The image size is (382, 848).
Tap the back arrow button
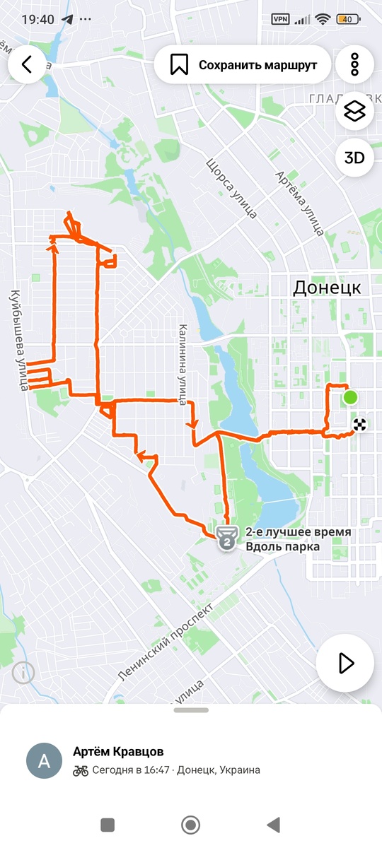pyautogui.click(x=27, y=65)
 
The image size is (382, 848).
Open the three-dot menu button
pyautogui.click(x=354, y=65)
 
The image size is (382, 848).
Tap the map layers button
pyautogui.click(x=354, y=112)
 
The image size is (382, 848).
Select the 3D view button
pyautogui.click(x=354, y=158)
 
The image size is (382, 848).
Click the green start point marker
pyautogui.click(x=350, y=398)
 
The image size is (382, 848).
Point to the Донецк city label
pyautogui.click(x=327, y=288)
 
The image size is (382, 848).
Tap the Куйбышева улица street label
pyautogui.click(x=21, y=340)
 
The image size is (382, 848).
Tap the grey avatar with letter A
pyautogui.click(x=43, y=760)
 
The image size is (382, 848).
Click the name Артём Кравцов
pyautogui.click(x=118, y=751)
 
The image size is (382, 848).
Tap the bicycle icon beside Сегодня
pyautogui.click(x=81, y=770)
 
